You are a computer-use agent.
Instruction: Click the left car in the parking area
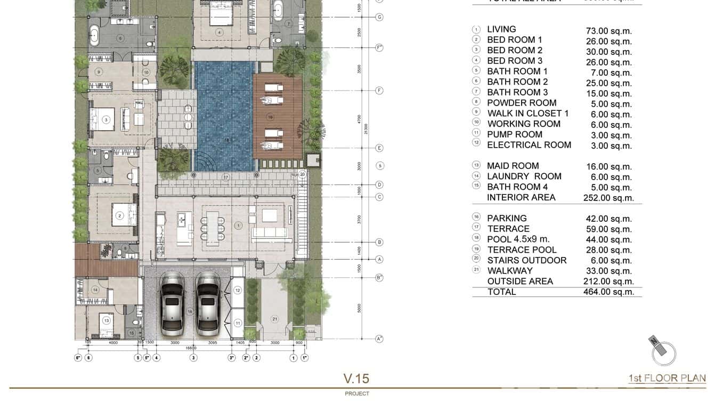tap(172, 303)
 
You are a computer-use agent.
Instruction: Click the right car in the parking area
tap(207, 303)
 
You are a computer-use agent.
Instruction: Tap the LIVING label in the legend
tap(501, 29)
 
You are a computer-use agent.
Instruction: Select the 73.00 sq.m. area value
tap(608, 31)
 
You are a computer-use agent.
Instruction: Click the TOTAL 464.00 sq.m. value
tap(608, 292)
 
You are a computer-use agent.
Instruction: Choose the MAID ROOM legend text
tap(513, 166)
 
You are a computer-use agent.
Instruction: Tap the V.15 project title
tap(356, 379)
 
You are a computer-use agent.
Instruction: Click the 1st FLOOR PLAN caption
tap(667, 379)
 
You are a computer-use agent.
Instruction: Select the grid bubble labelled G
tap(379, 17)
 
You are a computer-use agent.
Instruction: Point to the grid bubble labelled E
tap(379, 148)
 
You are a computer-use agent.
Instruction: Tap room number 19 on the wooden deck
tap(270, 116)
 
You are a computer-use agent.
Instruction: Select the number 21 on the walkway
tap(274, 319)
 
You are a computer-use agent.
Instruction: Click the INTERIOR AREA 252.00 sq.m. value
tap(608, 198)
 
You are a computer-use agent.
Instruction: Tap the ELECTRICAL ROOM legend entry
tap(529, 145)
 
